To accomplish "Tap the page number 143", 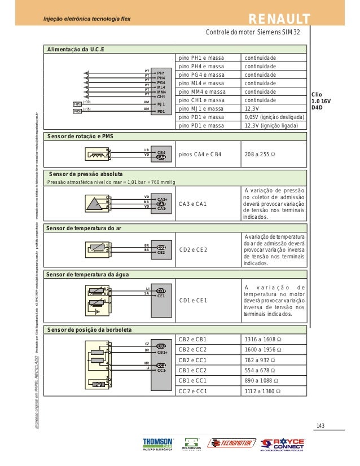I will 321,425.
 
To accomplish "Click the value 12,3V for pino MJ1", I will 252,108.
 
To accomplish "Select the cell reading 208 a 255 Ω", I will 260,153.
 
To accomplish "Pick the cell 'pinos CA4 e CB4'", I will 200,153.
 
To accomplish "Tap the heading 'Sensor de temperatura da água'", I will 89,274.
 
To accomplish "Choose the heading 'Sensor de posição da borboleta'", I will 90,329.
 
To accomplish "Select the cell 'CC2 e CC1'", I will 193,390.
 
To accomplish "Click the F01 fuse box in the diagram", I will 77,104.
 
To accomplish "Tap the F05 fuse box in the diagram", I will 77,111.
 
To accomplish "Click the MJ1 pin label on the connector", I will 161,104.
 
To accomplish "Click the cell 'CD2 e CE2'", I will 194,249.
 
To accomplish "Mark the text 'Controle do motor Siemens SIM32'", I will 254,32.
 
